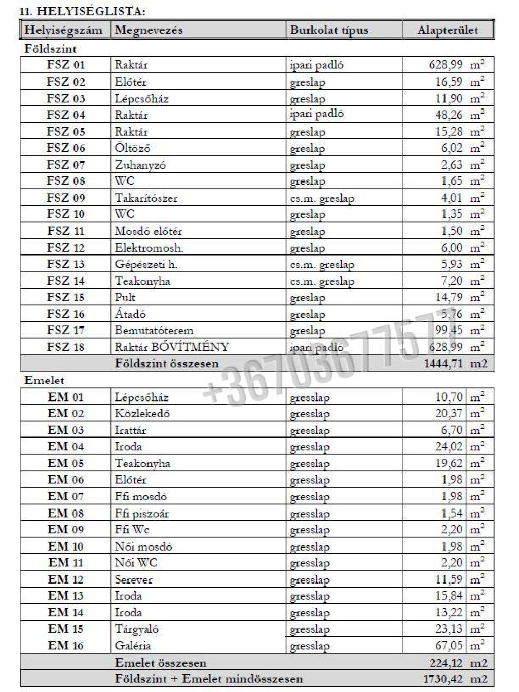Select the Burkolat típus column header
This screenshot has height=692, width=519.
[x=329, y=30]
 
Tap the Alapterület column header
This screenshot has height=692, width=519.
[x=448, y=30]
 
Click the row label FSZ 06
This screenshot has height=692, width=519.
[x=66, y=148]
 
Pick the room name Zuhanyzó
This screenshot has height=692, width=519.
[x=140, y=165]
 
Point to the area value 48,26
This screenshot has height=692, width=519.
[x=449, y=115]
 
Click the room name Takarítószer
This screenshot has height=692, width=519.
[x=146, y=198]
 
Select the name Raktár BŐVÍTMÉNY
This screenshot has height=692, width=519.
[x=172, y=347]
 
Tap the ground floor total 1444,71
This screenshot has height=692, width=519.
[x=443, y=363]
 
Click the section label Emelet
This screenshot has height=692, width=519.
[x=44, y=380]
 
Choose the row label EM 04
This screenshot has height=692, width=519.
[x=66, y=447]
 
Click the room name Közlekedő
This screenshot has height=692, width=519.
[x=142, y=413]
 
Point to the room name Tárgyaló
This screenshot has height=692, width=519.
[x=136, y=629]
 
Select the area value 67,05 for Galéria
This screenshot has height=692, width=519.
[x=449, y=645]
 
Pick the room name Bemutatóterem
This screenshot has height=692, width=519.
[x=154, y=331]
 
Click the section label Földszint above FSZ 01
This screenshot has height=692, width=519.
[x=50, y=49]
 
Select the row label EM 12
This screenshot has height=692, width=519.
[x=66, y=579]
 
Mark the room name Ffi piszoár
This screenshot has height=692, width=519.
[x=141, y=513]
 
